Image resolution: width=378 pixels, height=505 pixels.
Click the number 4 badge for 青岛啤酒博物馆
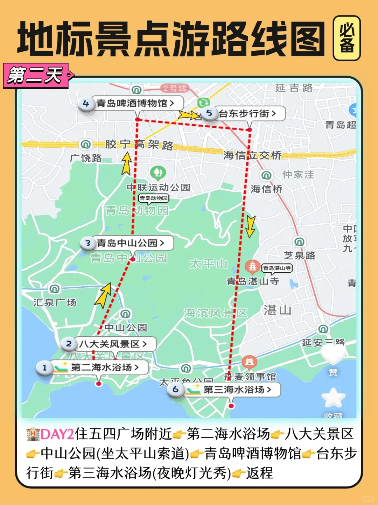86,104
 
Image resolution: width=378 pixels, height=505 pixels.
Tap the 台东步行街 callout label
247,113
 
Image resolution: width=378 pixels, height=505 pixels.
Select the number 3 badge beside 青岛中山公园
88,243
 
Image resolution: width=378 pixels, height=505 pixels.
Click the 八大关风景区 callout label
113,344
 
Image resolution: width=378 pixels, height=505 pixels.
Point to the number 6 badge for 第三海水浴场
175,389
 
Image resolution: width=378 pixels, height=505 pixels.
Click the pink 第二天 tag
36,75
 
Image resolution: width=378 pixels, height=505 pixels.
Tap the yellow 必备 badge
346,38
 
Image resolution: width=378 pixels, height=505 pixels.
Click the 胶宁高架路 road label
139,144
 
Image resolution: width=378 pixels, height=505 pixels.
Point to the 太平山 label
209,264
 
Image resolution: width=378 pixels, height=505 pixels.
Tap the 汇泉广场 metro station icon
55,289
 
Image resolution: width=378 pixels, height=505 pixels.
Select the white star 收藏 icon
333,398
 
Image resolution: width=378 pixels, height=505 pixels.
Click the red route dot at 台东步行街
250,130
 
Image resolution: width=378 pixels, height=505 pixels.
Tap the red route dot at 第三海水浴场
231,406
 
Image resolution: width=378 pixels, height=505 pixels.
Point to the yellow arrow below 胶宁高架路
127,164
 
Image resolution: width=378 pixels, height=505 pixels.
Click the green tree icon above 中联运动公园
158,172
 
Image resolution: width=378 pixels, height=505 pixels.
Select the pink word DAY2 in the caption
57,434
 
